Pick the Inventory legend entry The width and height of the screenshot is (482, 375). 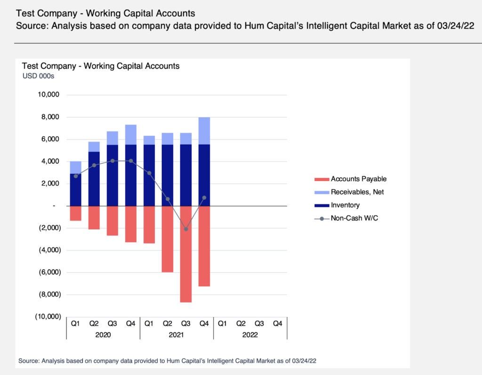(345, 205)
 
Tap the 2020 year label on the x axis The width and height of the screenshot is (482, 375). (103, 335)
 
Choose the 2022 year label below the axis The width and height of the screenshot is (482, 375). (250, 335)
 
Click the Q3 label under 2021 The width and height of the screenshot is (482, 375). (186, 324)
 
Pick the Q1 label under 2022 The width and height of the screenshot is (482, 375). (223, 324)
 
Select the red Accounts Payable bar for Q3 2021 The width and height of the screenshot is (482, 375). (186, 254)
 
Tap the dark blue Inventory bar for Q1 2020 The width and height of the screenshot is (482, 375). (76, 190)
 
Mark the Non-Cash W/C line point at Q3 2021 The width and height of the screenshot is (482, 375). (186, 229)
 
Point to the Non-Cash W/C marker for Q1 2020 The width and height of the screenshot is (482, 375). (76, 176)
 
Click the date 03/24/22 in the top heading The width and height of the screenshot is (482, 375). (453, 25)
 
